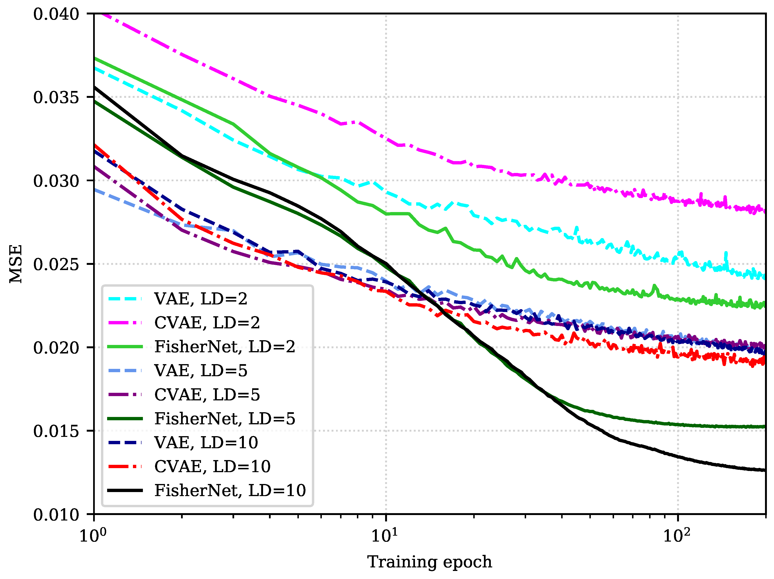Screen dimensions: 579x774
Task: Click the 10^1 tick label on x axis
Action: tap(385, 535)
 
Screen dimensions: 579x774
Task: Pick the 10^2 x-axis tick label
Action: tap(677, 535)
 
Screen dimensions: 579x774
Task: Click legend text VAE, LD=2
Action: tap(201, 299)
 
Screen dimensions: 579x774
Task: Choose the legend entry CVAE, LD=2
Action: tap(207, 323)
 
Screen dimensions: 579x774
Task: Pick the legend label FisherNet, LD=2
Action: tap(225, 347)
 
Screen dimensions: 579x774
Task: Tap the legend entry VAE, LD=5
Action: tap(201, 371)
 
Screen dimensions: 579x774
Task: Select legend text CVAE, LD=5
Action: tap(207, 395)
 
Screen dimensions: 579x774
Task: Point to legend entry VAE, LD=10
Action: tap(206, 443)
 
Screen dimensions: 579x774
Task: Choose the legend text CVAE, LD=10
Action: tap(212, 466)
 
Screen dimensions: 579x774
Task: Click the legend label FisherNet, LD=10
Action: tap(230, 490)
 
